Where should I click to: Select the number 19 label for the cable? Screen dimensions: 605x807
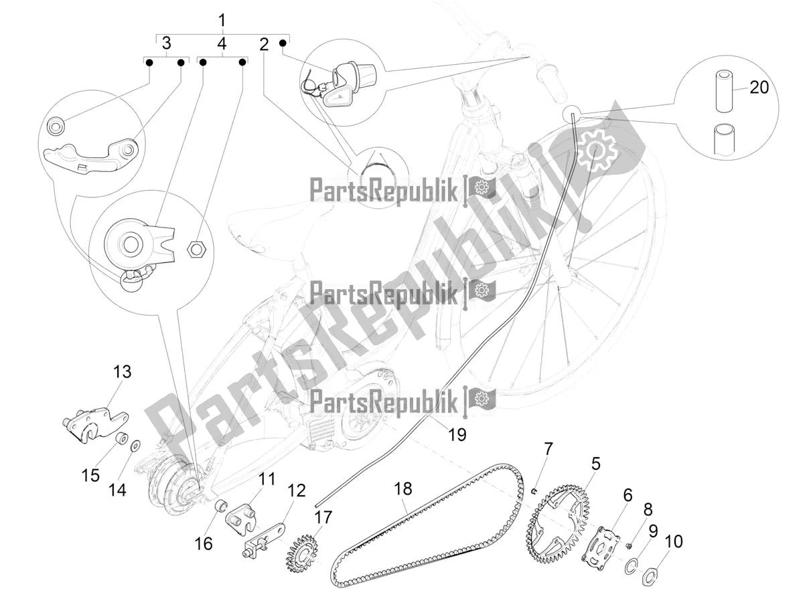click(457, 434)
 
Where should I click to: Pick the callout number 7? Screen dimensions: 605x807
click(548, 448)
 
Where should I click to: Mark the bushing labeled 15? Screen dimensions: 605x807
click(121, 440)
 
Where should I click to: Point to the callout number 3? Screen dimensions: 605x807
click(165, 44)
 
